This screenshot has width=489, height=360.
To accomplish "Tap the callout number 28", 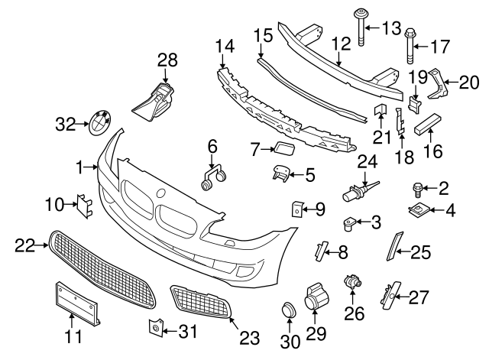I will (x=167, y=59).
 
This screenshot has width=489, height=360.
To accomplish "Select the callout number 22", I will (x=25, y=245).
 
